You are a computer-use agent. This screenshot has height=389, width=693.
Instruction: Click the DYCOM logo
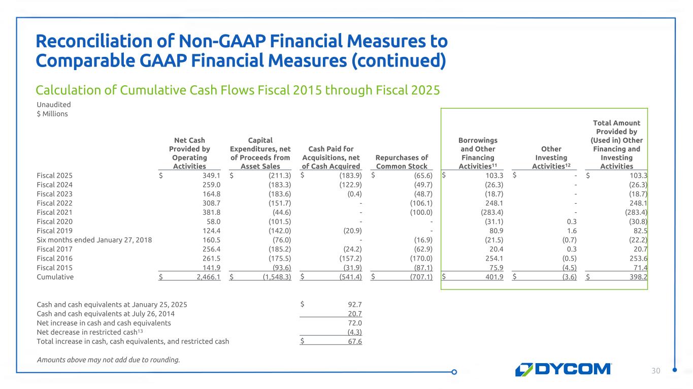564,369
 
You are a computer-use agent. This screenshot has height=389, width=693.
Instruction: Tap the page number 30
656,371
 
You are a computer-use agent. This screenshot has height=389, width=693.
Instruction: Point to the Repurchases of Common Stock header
402,161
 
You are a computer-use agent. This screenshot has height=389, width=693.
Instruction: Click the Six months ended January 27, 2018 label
94,240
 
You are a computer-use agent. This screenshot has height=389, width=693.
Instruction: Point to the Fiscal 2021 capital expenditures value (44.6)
280,212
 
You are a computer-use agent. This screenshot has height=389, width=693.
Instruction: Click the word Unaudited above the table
53,105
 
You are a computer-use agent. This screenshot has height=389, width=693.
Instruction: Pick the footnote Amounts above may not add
108,360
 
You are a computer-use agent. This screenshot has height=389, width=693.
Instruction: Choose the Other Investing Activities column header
551,157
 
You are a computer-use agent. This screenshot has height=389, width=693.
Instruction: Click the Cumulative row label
55,277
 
